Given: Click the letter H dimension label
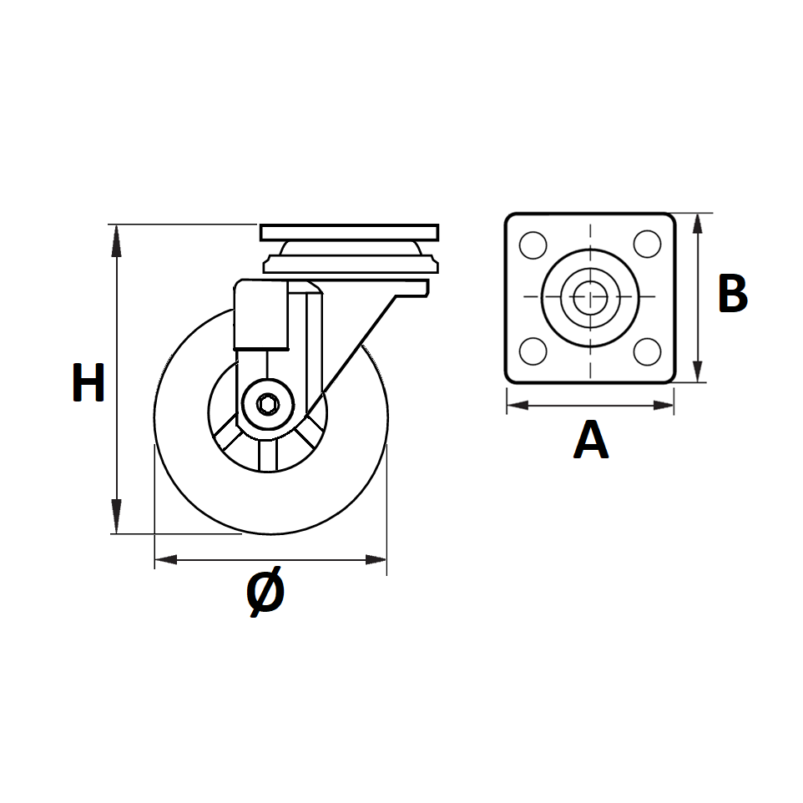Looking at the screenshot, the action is (88, 382).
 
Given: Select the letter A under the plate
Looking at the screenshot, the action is (591, 439).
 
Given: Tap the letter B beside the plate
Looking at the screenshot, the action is (732, 293).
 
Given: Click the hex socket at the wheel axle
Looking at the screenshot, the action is (267, 405).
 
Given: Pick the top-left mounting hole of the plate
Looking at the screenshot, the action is (533, 245).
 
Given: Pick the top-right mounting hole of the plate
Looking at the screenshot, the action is (647, 244).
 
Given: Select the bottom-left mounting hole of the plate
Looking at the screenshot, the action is (533, 351).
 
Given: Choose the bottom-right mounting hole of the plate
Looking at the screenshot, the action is (647, 351).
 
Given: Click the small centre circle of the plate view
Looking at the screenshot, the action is (590, 296).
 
